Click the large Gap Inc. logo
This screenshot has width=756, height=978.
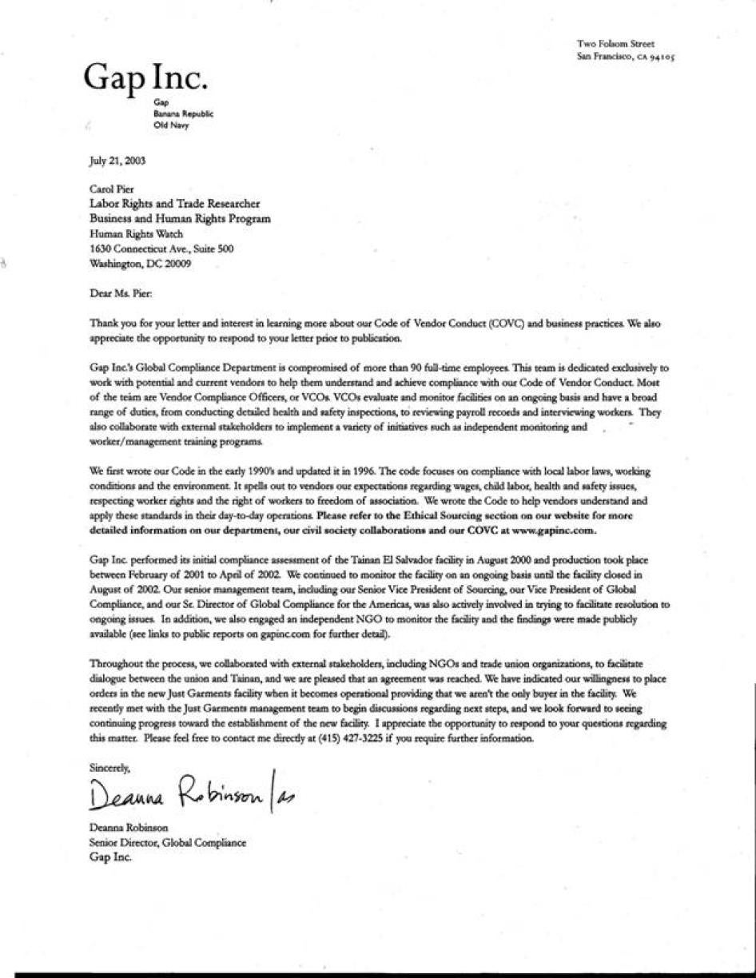click(x=147, y=78)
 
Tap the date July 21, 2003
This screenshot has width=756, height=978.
click(x=117, y=161)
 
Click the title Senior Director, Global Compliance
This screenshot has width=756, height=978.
click(x=168, y=843)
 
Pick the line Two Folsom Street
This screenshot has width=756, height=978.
click(x=615, y=44)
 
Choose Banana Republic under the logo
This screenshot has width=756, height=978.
click(x=184, y=114)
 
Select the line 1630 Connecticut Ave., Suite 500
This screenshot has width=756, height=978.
click(x=161, y=249)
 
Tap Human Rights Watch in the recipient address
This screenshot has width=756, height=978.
click(x=136, y=234)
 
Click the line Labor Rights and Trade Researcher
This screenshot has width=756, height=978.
click(x=174, y=205)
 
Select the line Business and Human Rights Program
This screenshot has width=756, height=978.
click(x=180, y=219)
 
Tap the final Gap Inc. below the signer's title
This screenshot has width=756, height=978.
click(x=110, y=857)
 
